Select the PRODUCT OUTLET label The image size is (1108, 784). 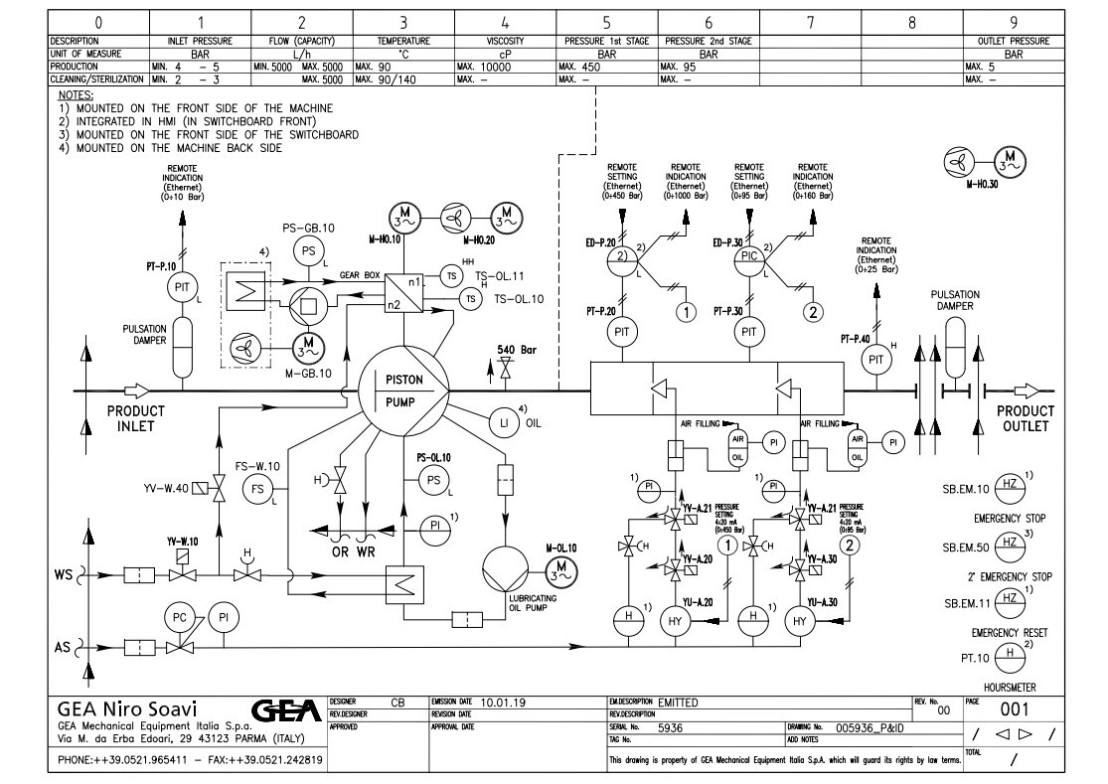pyautogui.click(x=1025, y=419)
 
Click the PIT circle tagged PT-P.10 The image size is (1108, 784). pyautogui.click(x=181, y=286)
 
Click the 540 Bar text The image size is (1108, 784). pyautogui.click(x=517, y=350)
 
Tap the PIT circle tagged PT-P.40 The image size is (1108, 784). pyautogui.click(x=876, y=359)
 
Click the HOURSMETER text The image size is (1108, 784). pyautogui.click(x=1010, y=685)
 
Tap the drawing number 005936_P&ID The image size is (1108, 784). pyautogui.click(x=875, y=727)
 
